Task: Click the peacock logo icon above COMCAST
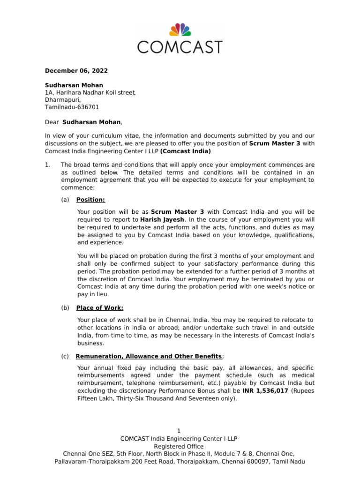180,30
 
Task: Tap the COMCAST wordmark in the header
180,46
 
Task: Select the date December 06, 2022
76,71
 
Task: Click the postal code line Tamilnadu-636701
72,107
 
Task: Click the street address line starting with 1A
90,92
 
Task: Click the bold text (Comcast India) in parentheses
186,151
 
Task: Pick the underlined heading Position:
90,200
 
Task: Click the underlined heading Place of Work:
100,307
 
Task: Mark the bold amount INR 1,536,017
265,390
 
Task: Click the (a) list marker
65,200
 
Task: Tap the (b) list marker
65,307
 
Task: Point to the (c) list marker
65,356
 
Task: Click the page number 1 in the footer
179,431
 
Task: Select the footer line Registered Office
180,446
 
